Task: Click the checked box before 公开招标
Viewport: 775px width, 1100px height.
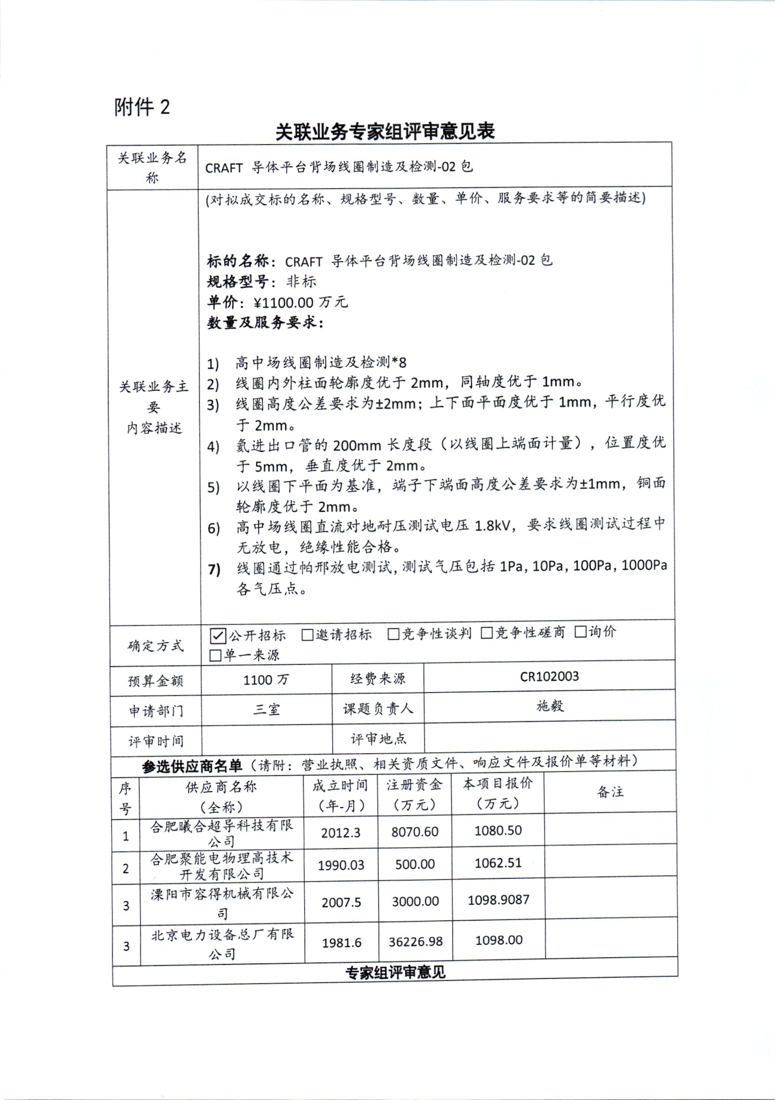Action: pos(217,636)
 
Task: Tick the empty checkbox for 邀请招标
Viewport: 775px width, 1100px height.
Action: pos(307,635)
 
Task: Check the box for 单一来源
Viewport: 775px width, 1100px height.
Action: pos(215,655)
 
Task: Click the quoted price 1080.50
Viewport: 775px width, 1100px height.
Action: pos(498,830)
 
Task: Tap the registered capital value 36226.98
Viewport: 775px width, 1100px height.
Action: pos(415,941)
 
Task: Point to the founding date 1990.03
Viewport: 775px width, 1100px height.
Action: pos(341,865)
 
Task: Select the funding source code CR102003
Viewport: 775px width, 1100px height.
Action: pos(549,677)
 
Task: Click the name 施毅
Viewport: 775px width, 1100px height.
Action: pos(550,706)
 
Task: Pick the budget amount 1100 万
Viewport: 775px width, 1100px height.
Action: pos(266,679)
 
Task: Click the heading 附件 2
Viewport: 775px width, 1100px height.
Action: pos(142,107)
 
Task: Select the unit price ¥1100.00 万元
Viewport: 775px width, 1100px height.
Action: pos(300,302)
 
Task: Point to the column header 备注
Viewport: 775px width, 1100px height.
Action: pos(610,792)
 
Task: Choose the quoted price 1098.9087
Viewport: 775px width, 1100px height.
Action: pos(498,900)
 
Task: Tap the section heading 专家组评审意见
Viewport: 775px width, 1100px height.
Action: pos(395,972)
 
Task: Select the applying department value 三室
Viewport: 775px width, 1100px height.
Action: pos(266,709)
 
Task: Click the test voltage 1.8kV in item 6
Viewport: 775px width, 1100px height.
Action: pos(492,526)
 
